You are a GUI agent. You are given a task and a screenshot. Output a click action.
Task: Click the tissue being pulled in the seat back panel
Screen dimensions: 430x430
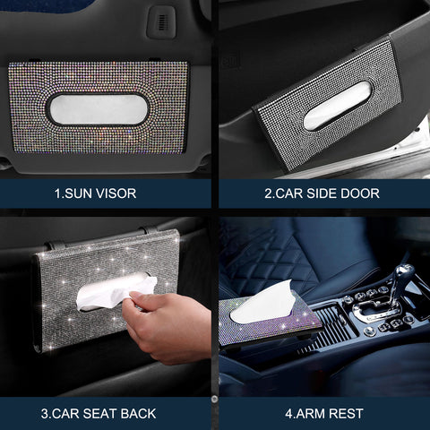click(112, 291)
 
